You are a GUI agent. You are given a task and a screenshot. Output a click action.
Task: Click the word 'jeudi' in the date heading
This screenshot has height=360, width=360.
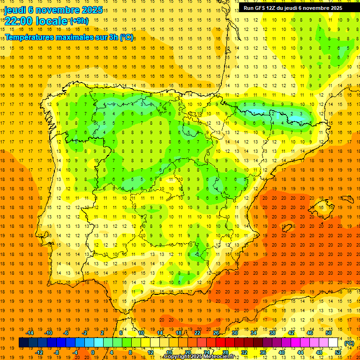(16, 9)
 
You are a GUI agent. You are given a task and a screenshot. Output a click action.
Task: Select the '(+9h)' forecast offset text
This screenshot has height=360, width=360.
(78, 21)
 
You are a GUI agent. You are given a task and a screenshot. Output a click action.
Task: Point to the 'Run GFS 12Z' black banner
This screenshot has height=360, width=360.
(292, 8)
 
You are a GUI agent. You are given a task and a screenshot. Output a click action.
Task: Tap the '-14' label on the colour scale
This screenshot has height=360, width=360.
(31, 333)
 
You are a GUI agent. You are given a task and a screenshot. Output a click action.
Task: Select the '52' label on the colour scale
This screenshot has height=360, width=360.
(338, 352)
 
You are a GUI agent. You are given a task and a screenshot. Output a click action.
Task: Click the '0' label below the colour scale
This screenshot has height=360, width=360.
(92, 352)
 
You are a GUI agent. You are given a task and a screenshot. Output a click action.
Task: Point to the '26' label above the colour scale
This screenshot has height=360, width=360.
(216, 333)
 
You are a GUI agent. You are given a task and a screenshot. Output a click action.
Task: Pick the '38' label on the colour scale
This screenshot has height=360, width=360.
(272, 333)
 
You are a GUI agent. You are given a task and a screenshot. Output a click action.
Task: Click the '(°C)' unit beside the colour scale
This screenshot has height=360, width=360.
(349, 343)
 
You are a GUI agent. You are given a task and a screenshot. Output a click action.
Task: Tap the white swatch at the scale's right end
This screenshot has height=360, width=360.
(333, 343)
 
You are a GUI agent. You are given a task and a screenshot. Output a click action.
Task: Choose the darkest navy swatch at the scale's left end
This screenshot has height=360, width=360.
(23, 343)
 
